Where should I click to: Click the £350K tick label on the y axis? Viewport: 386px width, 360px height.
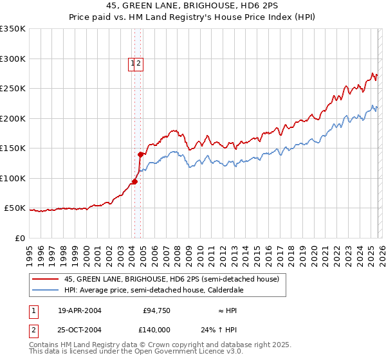13,29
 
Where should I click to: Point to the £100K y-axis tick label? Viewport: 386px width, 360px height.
13,178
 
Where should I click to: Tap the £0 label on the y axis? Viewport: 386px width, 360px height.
20,238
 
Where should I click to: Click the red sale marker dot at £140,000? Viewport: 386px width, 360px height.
140,154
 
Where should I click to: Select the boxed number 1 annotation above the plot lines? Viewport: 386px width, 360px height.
133,63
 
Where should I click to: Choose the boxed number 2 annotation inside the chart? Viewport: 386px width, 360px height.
139,63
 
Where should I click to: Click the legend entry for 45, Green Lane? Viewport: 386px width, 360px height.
171,279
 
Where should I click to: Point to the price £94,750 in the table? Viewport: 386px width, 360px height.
156,310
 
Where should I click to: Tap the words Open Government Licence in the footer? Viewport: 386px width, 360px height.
189,352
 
